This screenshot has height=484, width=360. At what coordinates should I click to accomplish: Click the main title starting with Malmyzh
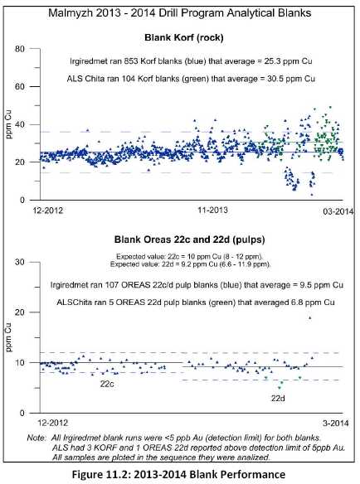(x=179, y=13)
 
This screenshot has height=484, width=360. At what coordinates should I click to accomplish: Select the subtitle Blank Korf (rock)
(x=184, y=37)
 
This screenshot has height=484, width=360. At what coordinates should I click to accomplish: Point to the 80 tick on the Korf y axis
(x=19, y=49)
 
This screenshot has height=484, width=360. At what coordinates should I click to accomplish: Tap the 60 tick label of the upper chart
(x=19, y=86)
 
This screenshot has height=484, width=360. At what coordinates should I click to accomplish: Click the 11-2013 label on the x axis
(x=212, y=211)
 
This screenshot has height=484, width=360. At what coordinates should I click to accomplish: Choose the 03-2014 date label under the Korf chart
(x=338, y=211)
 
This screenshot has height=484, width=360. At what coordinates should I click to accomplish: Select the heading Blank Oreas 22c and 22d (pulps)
(x=189, y=240)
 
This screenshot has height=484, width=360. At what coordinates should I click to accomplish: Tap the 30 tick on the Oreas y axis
(x=19, y=262)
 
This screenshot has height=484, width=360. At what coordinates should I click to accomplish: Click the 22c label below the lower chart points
(x=107, y=384)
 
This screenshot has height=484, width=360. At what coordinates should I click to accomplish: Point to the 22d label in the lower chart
(x=278, y=399)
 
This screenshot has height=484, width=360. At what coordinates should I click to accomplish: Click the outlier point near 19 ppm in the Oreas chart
(x=310, y=317)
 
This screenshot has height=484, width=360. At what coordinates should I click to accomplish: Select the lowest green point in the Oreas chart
(x=280, y=388)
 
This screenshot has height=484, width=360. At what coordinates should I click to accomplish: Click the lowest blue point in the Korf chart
(x=312, y=195)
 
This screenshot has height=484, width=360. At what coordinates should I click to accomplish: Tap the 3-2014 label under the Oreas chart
(x=335, y=423)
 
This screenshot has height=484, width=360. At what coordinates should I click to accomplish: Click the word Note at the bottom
(x=36, y=438)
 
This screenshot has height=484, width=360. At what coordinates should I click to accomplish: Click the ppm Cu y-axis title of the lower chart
(x=8, y=337)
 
